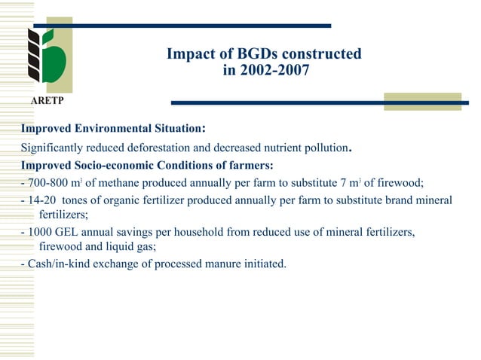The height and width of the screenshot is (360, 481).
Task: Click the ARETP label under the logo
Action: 47,100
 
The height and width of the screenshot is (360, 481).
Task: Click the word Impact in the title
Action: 189,55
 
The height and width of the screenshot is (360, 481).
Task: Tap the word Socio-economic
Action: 112,165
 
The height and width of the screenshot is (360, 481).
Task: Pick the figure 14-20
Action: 41,200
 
